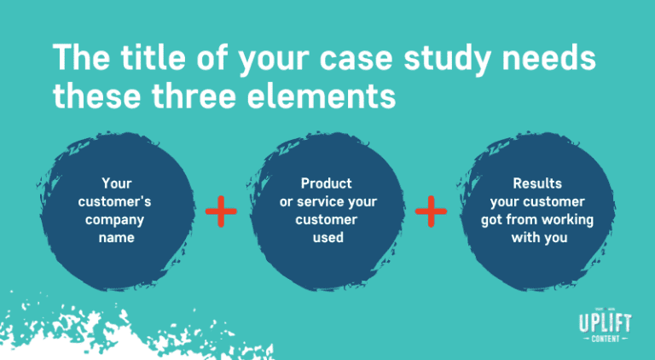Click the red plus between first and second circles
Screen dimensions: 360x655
(x=220, y=210)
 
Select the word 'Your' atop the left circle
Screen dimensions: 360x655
(x=117, y=183)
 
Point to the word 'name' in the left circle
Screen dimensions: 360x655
(x=117, y=237)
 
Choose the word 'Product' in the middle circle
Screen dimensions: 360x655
(x=327, y=183)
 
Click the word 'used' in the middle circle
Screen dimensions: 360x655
(x=327, y=237)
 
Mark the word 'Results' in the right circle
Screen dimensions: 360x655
(x=537, y=183)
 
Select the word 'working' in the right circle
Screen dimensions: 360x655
(x=571, y=219)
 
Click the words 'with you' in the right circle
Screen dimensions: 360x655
(x=537, y=237)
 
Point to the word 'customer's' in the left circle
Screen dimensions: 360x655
(x=117, y=201)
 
